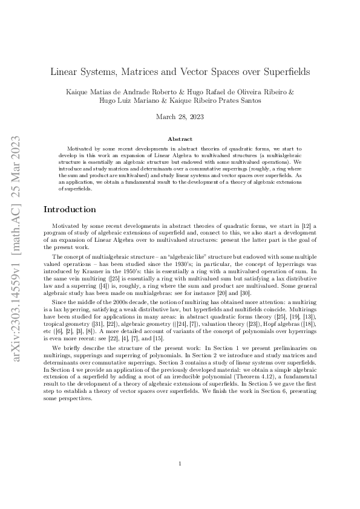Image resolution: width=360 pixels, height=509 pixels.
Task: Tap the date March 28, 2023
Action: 180,117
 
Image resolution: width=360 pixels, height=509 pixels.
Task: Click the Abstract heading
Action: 180,139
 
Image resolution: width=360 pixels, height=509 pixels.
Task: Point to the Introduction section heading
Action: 70,209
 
